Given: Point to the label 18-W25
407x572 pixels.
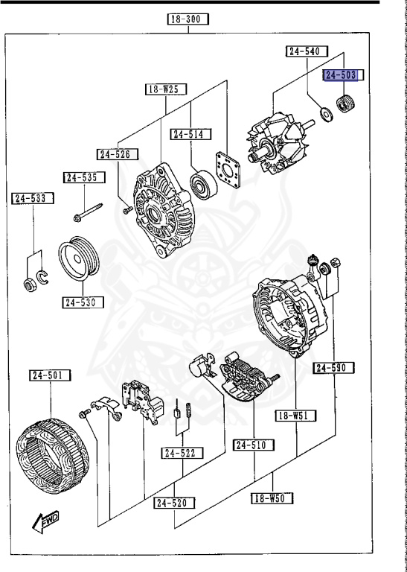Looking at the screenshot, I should click(x=165, y=89).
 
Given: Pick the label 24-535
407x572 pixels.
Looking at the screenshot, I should click(x=83, y=177).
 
